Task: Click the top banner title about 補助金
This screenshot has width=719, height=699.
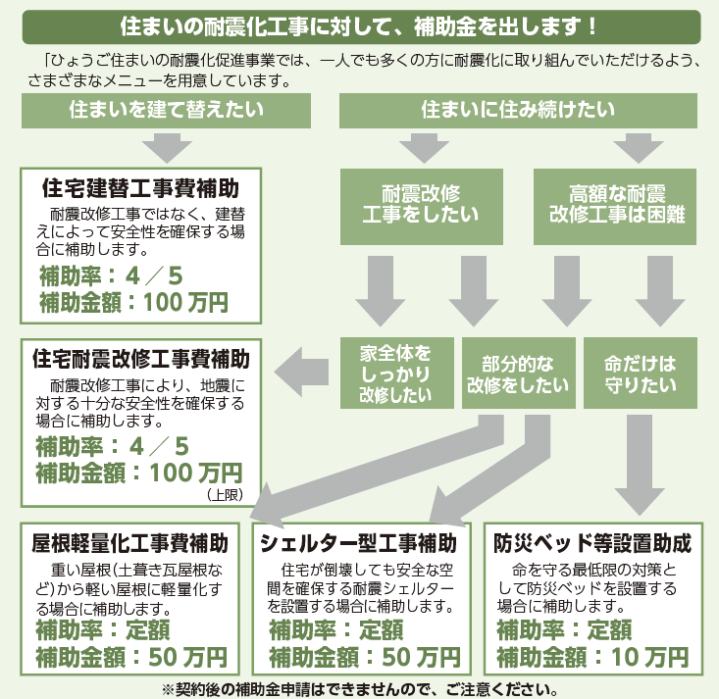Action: [x=359, y=26]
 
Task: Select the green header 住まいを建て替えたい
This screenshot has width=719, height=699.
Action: [x=166, y=111]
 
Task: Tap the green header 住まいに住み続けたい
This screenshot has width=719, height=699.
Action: [x=518, y=111]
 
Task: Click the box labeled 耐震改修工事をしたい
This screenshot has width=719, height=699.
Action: [x=422, y=206]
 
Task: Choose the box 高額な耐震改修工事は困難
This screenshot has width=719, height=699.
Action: [x=615, y=206]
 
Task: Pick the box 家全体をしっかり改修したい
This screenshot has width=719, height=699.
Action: [x=396, y=374]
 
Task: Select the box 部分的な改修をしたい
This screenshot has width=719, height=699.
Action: [x=519, y=374]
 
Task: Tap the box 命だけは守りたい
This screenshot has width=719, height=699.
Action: [x=641, y=374]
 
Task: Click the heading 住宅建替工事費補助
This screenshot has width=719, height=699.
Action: [x=141, y=188]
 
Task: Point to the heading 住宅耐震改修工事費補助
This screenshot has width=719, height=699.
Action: [x=141, y=359]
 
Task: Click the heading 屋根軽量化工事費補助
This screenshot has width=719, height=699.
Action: [x=129, y=543]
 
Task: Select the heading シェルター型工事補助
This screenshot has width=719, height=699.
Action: [x=358, y=543]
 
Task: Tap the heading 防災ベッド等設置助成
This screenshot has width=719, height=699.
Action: [x=592, y=543]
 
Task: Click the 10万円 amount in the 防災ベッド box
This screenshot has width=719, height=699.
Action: [x=649, y=657]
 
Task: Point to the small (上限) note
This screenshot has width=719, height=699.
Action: [x=225, y=495]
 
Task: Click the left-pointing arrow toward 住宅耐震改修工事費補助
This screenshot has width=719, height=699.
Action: [x=301, y=372]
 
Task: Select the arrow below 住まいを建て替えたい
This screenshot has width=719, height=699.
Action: [x=167, y=148]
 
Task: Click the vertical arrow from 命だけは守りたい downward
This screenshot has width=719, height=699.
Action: [x=640, y=466]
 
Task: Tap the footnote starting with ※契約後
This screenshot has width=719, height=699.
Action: [x=360, y=689]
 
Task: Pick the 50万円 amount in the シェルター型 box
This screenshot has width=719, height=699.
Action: [x=421, y=657]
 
